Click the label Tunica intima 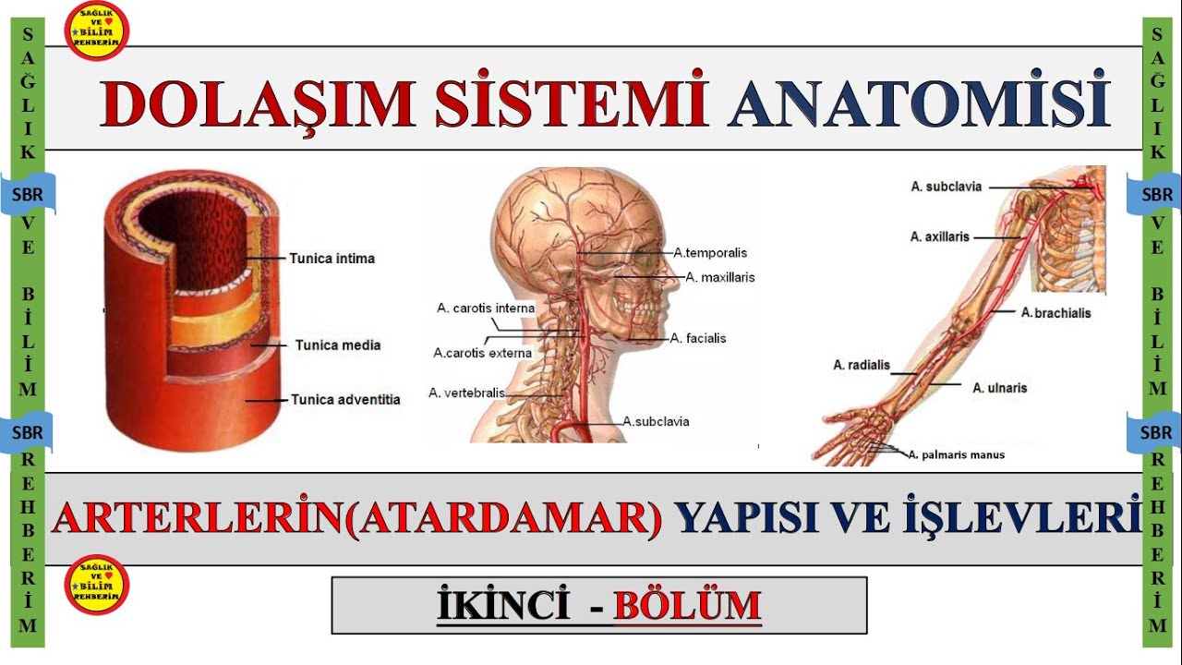click(x=332, y=259)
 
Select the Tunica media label click(x=337, y=345)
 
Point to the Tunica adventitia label click(x=345, y=400)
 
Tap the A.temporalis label click(x=710, y=252)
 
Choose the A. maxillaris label click(x=720, y=277)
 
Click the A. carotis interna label click(x=486, y=308)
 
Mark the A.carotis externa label click(x=482, y=353)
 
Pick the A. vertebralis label click(x=467, y=393)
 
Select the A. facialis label click(x=698, y=339)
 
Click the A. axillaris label click(x=940, y=237)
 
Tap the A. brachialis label click(x=1055, y=313)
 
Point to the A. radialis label click(x=862, y=365)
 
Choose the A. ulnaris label click(x=1000, y=389)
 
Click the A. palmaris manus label click(x=957, y=454)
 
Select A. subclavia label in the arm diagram click(x=947, y=187)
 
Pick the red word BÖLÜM click(x=687, y=606)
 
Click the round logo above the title click(x=96, y=30)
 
